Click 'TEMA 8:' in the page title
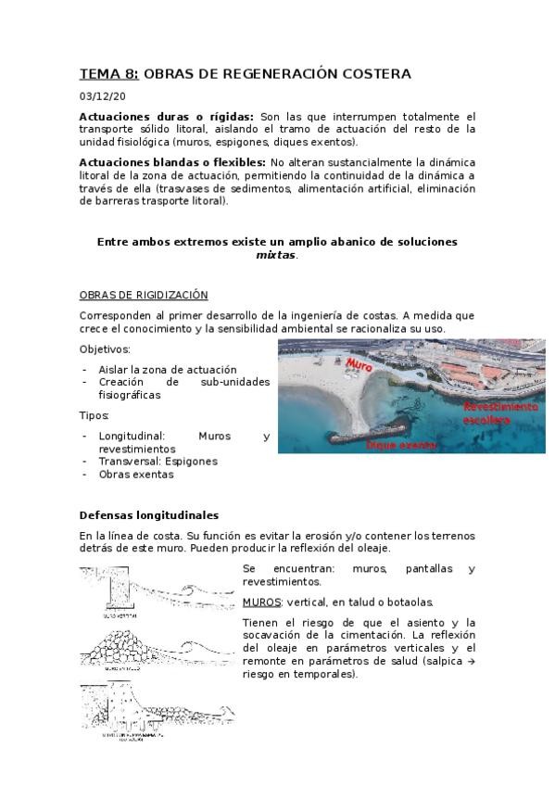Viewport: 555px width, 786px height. (109, 74)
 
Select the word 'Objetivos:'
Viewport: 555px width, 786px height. (105, 349)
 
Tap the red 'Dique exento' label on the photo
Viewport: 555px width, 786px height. (401, 446)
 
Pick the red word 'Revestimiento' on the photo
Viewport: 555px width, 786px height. (500, 407)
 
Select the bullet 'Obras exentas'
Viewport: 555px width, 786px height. (135, 474)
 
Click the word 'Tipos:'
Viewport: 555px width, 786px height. (95, 415)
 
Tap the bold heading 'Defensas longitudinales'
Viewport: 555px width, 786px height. (148, 514)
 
